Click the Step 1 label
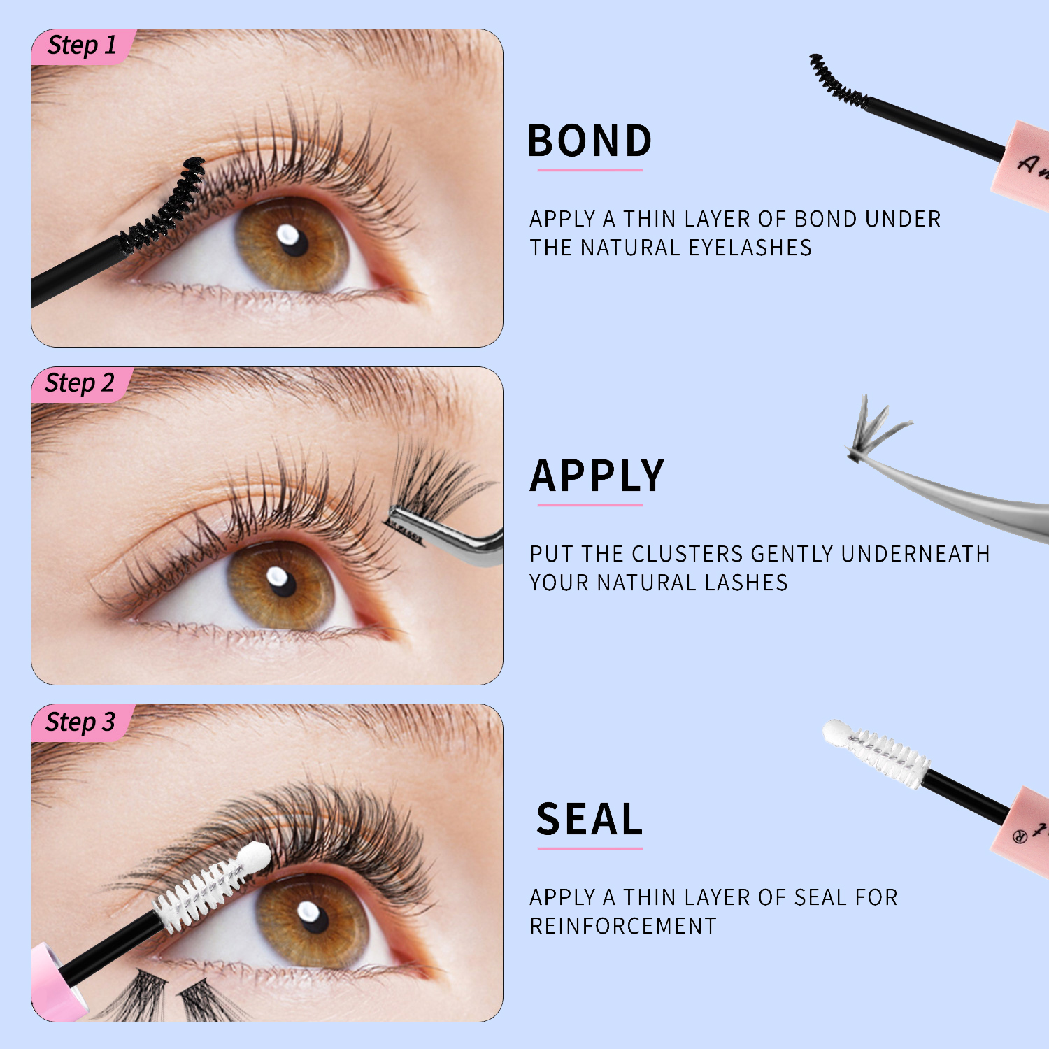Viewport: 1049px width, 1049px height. tap(81, 45)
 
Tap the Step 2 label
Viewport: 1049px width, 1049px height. tap(79, 383)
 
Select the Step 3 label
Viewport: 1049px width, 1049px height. tap(80, 722)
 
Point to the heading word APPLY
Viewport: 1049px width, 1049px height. tap(597, 476)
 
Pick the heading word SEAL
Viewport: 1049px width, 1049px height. tap(590, 819)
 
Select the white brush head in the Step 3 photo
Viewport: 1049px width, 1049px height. tap(210, 885)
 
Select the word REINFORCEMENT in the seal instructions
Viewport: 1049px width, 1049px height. tap(623, 926)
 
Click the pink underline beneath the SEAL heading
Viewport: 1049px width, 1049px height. tap(590, 848)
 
